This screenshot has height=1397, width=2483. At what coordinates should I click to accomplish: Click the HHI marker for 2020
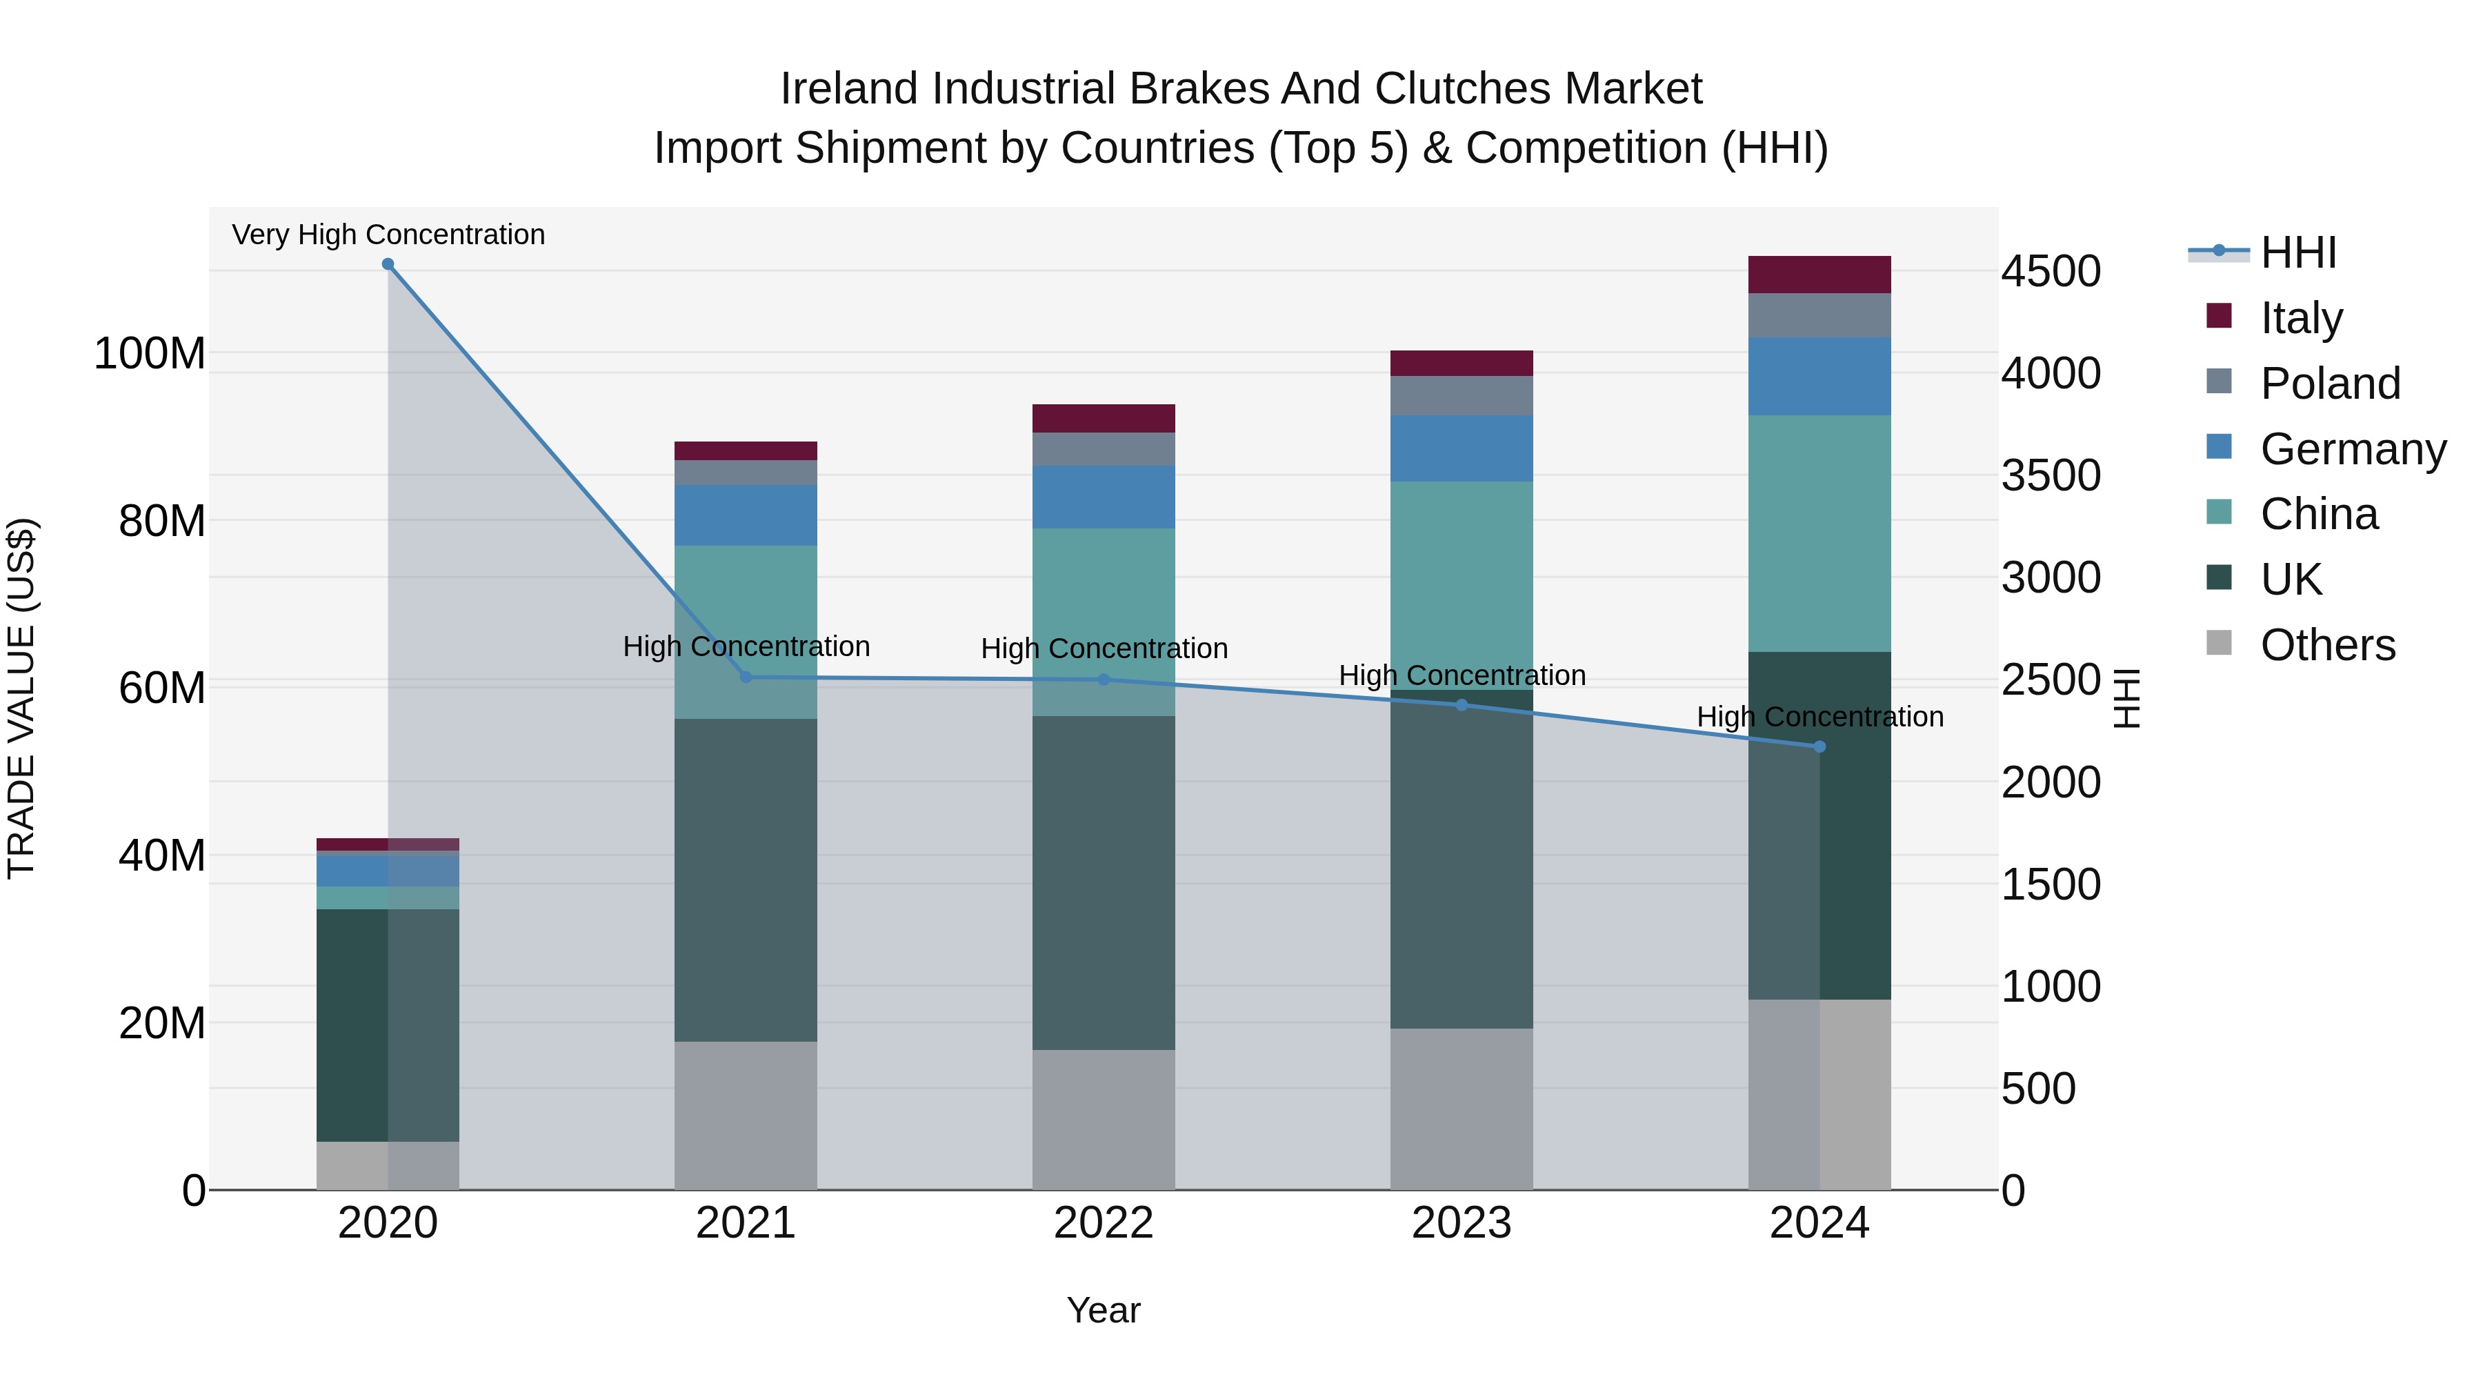tap(388, 264)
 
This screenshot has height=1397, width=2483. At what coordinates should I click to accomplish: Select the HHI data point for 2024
tap(1819, 746)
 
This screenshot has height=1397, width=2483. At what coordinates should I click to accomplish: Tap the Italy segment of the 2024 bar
tap(1819, 275)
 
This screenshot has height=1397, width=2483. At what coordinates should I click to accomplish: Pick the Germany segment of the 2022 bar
tap(1103, 497)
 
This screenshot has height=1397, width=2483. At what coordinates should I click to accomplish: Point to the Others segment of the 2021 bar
tap(745, 1115)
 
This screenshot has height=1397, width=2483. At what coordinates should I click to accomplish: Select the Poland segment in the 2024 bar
tap(1819, 315)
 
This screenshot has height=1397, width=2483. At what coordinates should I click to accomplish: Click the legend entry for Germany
tap(2352, 449)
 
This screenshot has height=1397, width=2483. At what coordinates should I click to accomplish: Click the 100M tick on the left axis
tap(150, 354)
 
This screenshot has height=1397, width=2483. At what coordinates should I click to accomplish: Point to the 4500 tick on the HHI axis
tap(2051, 272)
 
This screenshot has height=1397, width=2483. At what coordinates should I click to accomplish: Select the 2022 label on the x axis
tap(1103, 1223)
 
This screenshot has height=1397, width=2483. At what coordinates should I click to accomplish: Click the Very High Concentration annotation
tap(388, 235)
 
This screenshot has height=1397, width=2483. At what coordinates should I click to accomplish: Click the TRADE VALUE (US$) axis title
tap(21, 698)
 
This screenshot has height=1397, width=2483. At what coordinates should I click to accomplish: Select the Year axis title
tap(1103, 1310)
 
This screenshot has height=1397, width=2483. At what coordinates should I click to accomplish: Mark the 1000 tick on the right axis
tap(2051, 987)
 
